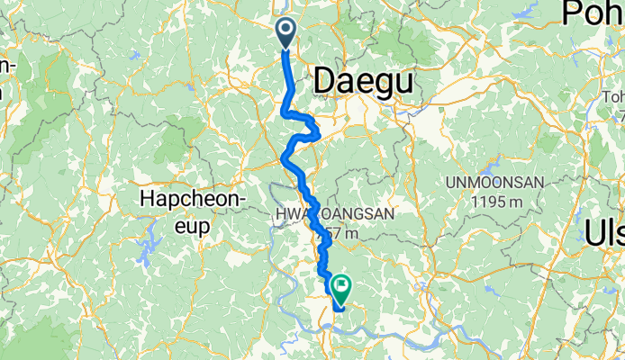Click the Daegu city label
(x=365, y=83)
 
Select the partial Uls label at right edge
(x=605, y=232)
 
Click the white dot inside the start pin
(x=286, y=30)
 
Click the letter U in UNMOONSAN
(x=450, y=184)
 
